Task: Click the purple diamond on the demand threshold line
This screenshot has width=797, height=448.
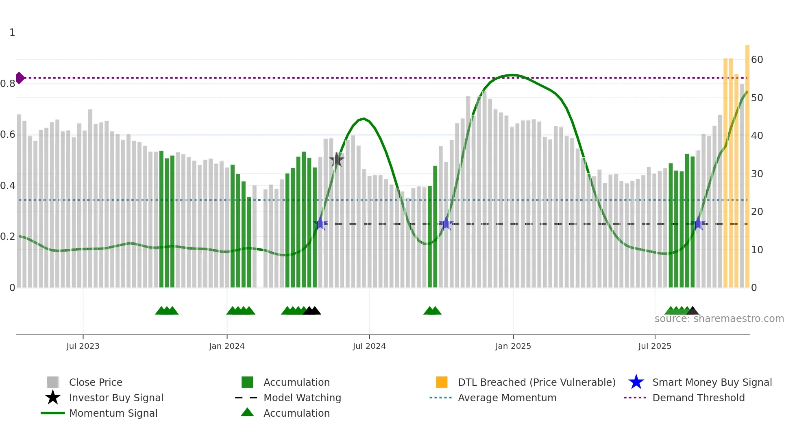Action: coord(20,78)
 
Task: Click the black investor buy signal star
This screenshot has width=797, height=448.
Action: coord(336,160)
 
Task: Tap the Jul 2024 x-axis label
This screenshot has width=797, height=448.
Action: coord(369,346)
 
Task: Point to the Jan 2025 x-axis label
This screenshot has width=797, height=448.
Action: coord(513,346)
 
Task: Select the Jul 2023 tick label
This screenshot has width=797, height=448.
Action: coord(83,346)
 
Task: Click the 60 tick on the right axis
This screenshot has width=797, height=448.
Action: coord(757,60)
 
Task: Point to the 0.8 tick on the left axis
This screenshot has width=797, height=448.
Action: coord(8,84)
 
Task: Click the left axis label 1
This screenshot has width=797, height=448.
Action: coord(12,33)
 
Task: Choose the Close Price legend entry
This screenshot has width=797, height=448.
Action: coord(96,382)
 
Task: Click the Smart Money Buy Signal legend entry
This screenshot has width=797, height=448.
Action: coord(712,382)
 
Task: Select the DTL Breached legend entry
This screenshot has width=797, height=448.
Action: coord(536,382)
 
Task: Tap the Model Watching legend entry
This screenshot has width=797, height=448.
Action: coord(302,398)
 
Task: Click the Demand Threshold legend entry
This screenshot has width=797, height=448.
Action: coord(698,398)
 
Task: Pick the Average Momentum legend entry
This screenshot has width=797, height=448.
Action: coord(507,398)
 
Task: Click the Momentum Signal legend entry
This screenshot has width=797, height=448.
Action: coord(113,413)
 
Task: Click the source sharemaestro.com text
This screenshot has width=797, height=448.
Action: coord(719,319)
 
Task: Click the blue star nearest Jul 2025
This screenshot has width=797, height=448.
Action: coord(698,224)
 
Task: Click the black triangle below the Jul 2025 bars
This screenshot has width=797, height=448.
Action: coord(692,311)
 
